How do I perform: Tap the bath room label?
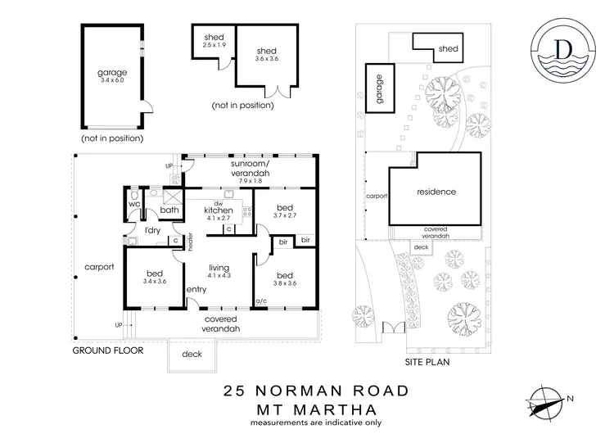click(169, 210)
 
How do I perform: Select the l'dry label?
click(152, 232)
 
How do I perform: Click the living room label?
click(219, 268)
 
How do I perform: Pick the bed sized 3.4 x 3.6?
click(155, 277)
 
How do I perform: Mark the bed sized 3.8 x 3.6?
click(285, 279)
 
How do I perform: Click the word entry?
click(196, 289)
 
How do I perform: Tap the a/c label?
click(262, 303)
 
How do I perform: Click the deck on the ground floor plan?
click(190, 354)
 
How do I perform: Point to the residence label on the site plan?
click(436, 192)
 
